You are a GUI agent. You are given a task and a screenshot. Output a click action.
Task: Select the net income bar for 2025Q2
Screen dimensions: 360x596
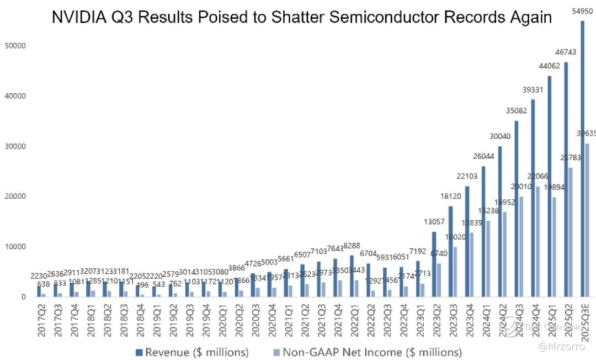571,232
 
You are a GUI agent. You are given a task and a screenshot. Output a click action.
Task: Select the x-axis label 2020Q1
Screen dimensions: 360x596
220,321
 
